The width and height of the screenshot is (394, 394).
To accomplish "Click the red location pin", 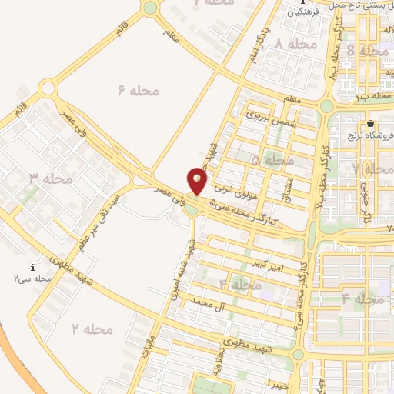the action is [198, 182].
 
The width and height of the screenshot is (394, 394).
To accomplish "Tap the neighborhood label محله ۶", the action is [138, 91].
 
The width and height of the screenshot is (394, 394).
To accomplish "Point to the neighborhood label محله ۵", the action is [272, 160].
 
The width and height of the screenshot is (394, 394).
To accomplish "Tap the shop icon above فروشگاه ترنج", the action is [371, 123].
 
